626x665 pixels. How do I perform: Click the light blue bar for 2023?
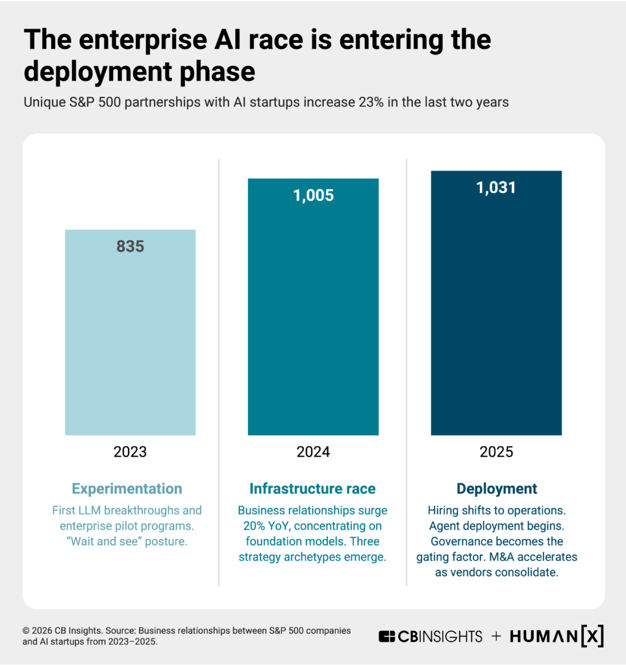pyautogui.click(x=130, y=338)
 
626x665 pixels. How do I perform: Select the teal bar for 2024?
pyautogui.click(x=313, y=312)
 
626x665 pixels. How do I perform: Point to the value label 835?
pyautogui.click(x=130, y=247)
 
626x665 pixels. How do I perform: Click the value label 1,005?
pyautogui.click(x=313, y=195)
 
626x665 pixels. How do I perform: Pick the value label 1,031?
pyautogui.click(x=496, y=188)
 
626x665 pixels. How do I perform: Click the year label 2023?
pyautogui.click(x=130, y=452)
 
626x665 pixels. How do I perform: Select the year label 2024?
pyautogui.click(x=313, y=452)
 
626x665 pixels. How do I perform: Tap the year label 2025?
pyautogui.click(x=496, y=452)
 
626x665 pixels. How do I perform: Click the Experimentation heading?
pyautogui.click(x=127, y=489)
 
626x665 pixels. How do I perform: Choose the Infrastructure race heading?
pyautogui.click(x=312, y=489)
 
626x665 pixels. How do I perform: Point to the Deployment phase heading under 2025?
pyautogui.click(x=497, y=489)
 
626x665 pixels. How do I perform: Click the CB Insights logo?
pyautogui.click(x=430, y=636)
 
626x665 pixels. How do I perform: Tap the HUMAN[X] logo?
pyautogui.click(x=557, y=636)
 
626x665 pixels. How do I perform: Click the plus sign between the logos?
pyautogui.click(x=496, y=636)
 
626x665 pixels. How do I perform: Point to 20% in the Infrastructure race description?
pyautogui.click(x=249, y=525)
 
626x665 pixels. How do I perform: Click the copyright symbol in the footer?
pyautogui.click(x=27, y=630)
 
